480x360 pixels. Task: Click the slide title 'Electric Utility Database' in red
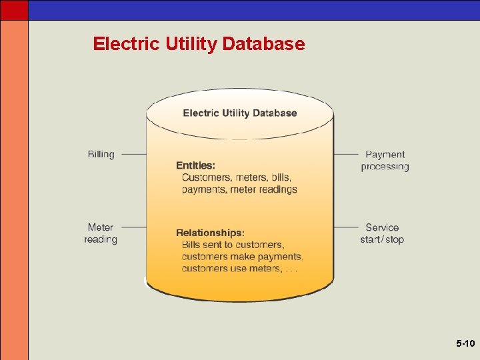pyautogui.click(x=199, y=44)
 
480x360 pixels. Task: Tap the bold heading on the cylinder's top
pyautogui.click(x=240, y=113)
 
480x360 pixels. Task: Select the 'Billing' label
pyautogui.click(x=101, y=154)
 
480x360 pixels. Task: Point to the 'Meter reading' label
pyautogui.click(x=101, y=233)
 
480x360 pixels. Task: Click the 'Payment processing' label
pyautogui.click(x=385, y=161)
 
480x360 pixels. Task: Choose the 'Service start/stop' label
pyautogui.click(x=382, y=233)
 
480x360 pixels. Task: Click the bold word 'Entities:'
pyautogui.click(x=195, y=165)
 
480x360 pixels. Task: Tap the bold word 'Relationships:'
pyautogui.click(x=210, y=233)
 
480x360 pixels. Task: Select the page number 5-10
pyautogui.click(x=465, y=344)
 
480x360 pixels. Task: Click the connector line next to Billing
pyautogui.click(x=133, y=154)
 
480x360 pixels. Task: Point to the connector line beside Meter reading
pyautogui.click(x=133, y=227)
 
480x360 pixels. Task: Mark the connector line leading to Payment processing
pyautogui.click(x=346, y=154)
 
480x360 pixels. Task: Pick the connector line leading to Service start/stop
pyautogui.click(x=346, y=227)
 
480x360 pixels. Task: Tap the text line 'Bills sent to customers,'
pyautogui.click(x=233, y=245)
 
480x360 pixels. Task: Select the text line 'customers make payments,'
pyautogui.click(x=242, y=257)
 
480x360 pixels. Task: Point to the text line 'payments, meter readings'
pyautogui.click(x=239, y=189)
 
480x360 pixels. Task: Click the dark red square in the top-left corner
pyautogui.click(x=14, y=10)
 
